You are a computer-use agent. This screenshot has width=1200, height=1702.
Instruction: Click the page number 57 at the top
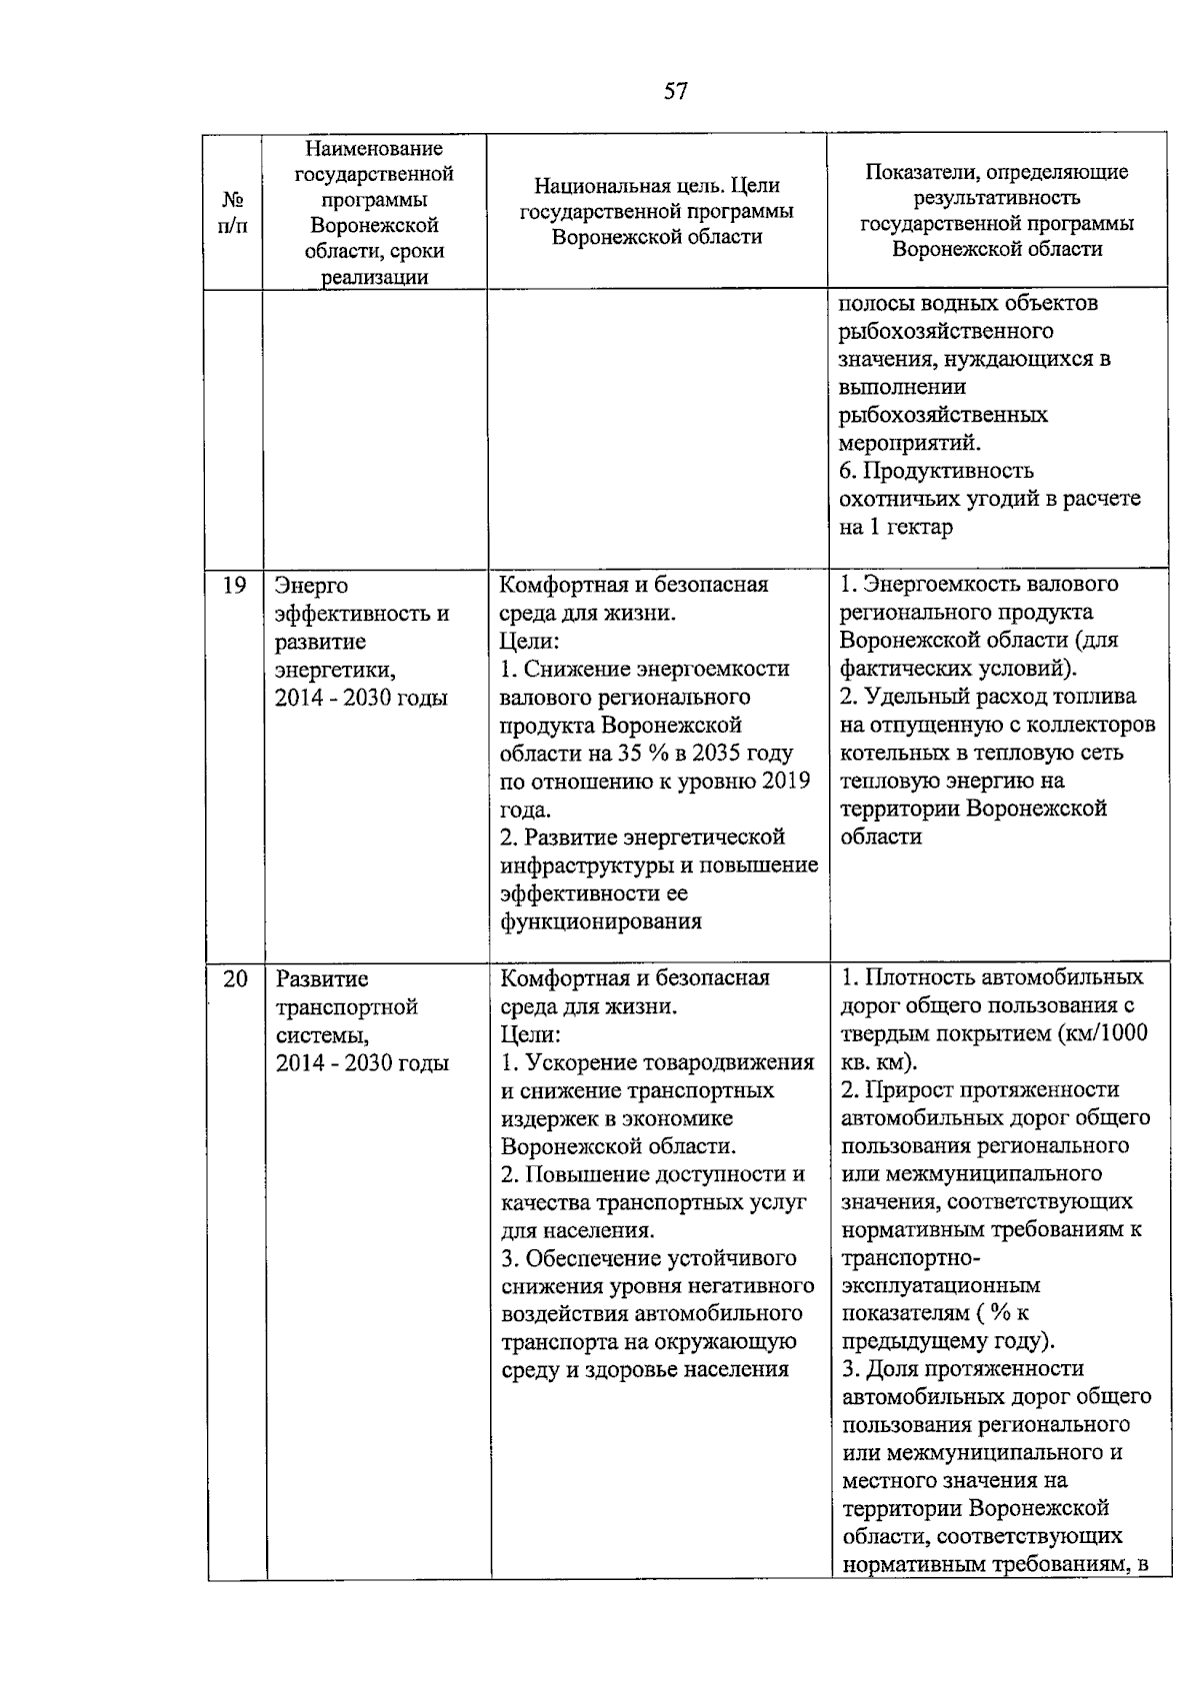676,92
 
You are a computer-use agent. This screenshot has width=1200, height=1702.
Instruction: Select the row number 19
233,585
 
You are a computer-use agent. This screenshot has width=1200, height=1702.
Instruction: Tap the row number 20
234,978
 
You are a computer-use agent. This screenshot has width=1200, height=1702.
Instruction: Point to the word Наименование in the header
374,149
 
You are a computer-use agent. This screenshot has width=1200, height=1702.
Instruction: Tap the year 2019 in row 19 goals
787,781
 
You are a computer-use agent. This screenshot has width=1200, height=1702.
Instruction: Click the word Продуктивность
949,471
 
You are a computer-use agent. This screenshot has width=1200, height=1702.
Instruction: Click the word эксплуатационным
941,1285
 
